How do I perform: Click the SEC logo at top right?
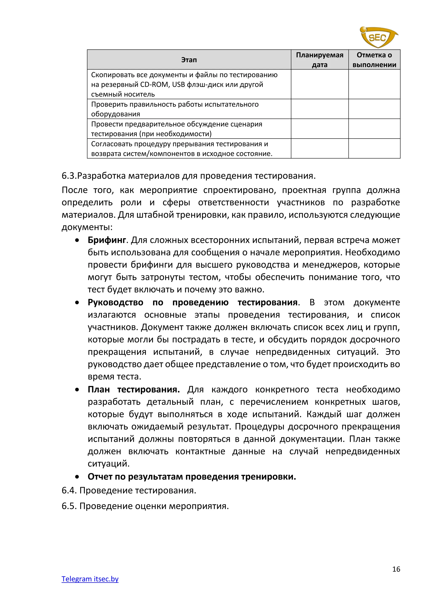point(378,37)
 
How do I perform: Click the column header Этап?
point(189,60)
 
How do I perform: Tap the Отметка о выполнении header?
point(374,60)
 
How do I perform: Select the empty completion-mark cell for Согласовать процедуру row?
point(374,148)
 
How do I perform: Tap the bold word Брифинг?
point(107,240)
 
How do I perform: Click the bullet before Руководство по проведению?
point(77,303)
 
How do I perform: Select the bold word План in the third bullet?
point(99,390)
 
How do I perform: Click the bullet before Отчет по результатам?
point(77,477)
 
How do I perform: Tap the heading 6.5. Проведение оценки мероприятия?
point(145,506)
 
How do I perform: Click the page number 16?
point(396,569)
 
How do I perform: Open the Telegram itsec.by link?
point(90,579)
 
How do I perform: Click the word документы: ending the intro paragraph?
point(87,227)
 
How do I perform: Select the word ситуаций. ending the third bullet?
point(109,464)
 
